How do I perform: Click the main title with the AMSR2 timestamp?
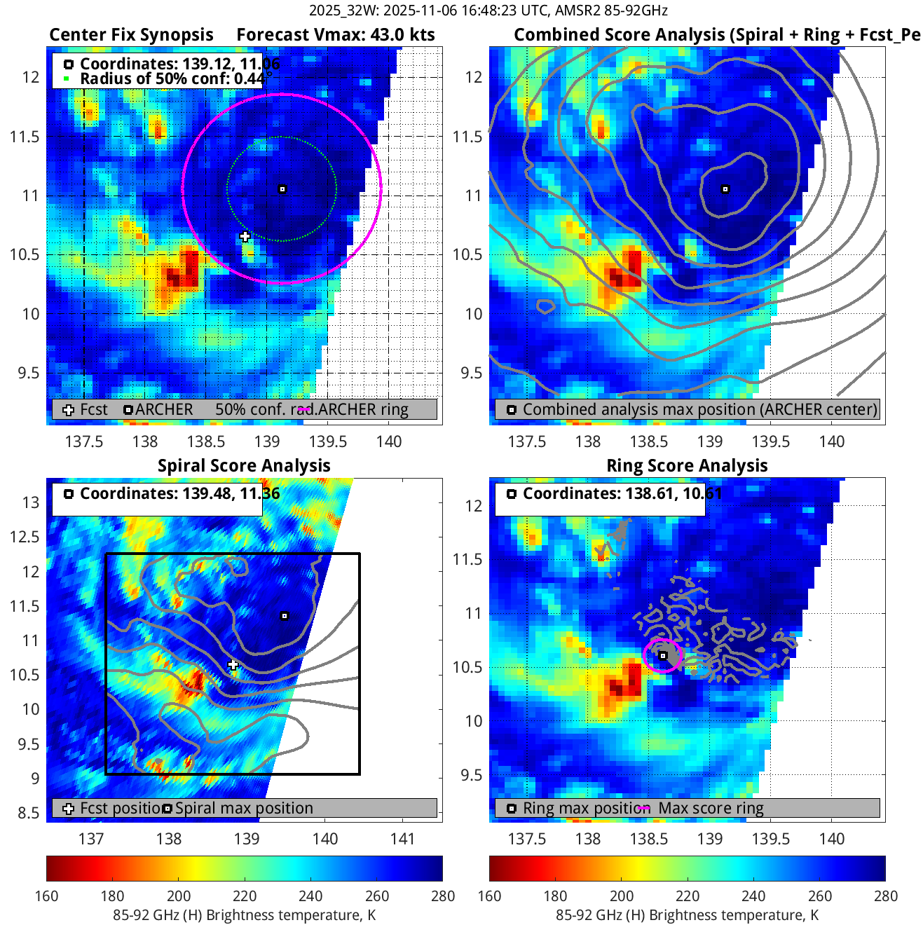[488, 11]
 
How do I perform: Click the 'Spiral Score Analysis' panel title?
[244, 466]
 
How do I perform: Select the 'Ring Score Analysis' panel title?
[687, 466]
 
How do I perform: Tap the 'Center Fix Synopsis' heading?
[131, 35]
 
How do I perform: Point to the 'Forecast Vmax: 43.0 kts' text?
[336, 35]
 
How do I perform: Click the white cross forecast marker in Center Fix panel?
[245, 237]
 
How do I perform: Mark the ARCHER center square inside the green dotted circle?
[282, 189]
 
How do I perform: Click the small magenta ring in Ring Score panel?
[662, 656]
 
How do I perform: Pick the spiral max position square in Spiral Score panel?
[285, 616]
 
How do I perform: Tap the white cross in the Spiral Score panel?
[233, 664]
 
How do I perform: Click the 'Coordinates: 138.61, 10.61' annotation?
[622, 493]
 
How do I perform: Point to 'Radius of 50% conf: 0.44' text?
[172, 78]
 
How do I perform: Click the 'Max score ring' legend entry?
[710, 808]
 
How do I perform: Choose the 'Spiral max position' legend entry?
[243, 808]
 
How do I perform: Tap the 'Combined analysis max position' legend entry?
[699, 409]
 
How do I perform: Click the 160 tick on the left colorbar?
[47, 896]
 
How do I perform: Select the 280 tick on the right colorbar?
[885, 896]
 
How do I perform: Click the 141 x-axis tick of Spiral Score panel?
[402, 839]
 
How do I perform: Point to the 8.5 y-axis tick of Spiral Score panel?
[29, 813]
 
